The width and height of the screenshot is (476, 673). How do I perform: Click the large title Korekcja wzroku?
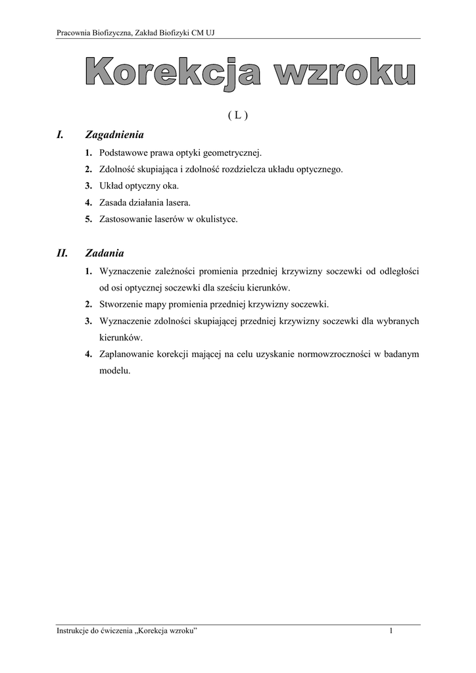249,73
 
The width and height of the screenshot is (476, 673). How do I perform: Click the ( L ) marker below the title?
237,115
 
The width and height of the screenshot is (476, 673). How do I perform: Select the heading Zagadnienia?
114,135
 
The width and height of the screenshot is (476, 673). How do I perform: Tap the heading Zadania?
105,252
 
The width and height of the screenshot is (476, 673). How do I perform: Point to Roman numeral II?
62,252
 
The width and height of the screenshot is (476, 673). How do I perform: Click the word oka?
171,186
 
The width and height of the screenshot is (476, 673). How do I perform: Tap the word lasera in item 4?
178,202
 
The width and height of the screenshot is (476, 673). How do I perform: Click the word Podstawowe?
123,152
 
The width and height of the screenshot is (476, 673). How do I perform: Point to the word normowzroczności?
326,354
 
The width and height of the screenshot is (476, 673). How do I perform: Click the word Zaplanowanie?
126,354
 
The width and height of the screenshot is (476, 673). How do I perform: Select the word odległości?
396,271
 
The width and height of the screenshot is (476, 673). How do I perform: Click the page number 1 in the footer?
391,632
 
